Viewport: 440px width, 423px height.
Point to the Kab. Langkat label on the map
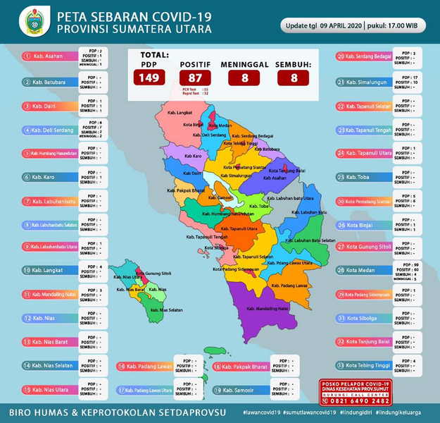click(180, 112)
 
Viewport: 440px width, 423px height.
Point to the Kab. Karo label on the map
click(192, 154)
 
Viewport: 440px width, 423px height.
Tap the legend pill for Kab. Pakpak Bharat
click(240, 367)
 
